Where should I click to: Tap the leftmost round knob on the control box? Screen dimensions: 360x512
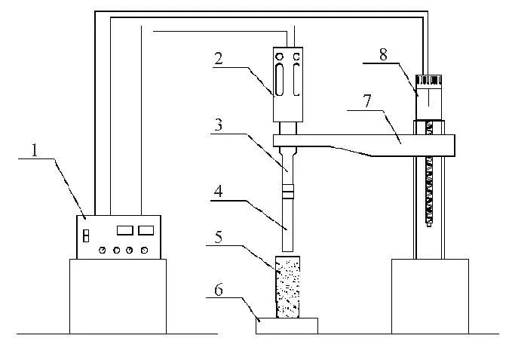click(x=103, y=250)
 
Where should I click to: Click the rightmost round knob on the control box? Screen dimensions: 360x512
click(x=143, y=250)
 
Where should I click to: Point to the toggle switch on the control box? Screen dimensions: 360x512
click(x=86, y=237)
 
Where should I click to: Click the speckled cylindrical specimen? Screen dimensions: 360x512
click(x=287, y=286)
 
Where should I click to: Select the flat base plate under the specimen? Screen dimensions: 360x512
click(x=287, y=325)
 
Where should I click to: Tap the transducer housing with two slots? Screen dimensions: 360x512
click(x=287, y=82)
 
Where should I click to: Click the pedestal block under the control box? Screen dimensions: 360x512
click(x=118, y=295)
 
